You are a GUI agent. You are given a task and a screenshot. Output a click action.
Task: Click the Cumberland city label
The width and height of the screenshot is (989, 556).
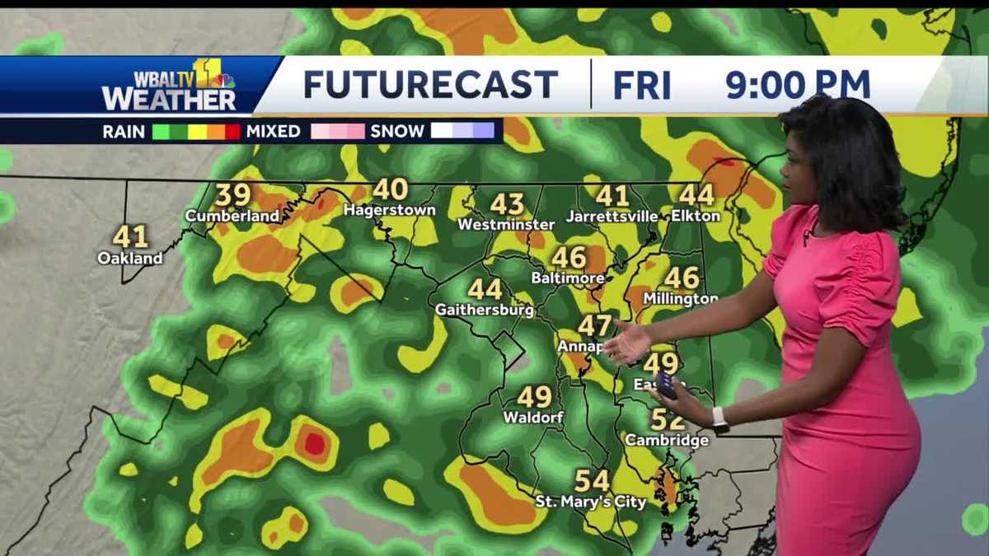coord(232,216)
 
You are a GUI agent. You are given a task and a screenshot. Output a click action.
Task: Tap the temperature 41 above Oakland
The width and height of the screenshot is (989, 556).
coord(130,236)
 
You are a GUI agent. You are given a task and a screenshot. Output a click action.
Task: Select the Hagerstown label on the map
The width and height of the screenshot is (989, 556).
coord(389,210)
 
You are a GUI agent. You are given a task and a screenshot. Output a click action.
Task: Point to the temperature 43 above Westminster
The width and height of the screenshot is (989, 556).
coord(507,203)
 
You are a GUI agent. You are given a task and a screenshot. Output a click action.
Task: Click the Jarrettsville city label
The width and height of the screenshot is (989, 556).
coord(612,217)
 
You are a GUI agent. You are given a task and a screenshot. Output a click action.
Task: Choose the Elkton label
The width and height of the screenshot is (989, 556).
coord(696,216)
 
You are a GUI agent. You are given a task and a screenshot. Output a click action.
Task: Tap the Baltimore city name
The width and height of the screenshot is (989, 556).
coord(567,278)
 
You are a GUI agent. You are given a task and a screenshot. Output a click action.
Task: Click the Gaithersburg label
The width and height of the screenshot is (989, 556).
coord(484,311)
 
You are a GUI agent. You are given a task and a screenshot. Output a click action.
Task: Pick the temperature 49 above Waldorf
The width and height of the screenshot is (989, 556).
coord(534,397)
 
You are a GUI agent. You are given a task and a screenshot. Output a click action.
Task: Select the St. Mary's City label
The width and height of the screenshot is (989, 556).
coord(591,502)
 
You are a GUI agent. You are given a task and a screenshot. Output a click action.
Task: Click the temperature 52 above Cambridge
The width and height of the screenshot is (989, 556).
coord(667,420)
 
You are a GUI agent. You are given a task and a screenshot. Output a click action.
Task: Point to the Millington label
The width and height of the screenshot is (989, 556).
coord(680,298)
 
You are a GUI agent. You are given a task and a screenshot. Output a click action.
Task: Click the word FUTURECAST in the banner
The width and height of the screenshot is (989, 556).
coord(430,85)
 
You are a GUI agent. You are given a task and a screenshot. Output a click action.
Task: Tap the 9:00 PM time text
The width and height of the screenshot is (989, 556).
coord(798,85)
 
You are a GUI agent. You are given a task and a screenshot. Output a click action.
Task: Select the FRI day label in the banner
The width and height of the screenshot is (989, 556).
coord(642,85)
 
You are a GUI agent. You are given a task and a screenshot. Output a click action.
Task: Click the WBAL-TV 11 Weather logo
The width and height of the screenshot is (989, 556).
coord(169,86)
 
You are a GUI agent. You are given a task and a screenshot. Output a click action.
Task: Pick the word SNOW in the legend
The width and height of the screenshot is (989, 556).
coord(397,131)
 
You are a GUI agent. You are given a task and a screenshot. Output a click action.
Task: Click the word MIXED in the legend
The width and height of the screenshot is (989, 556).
coord(273,131)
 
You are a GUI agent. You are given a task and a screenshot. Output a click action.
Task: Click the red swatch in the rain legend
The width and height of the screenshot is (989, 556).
coord(232,131)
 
